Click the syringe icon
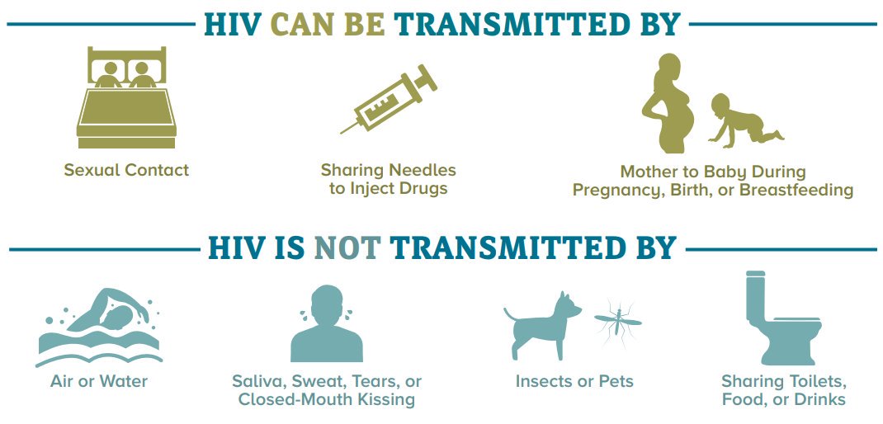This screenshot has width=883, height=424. coord(390,101)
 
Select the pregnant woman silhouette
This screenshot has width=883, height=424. coord(668,103)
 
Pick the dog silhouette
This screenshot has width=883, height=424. coord(543,326)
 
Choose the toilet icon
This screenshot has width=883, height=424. coord(782,318)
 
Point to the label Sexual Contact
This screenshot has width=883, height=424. coord(127,169)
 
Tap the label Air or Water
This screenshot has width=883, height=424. coord(99,381)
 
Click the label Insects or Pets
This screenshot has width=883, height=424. coord(574,381)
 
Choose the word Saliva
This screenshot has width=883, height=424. coord(259,382)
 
